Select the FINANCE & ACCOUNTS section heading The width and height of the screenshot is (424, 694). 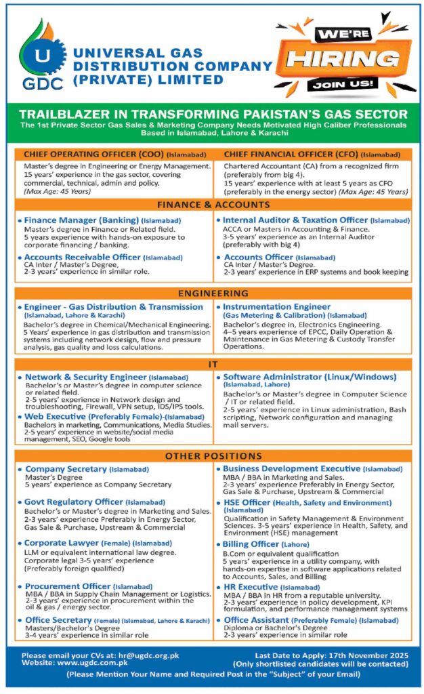click(x=212, y=204)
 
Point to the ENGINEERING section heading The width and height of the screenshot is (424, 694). click(x=212, y=294)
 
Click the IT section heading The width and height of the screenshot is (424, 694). click(x=212, y=365)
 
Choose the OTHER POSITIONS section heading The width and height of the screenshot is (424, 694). click(x=212, y=455)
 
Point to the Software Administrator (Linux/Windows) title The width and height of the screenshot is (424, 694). click(x=310, y=377)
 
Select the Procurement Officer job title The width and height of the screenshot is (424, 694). click(x=68, y=586)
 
